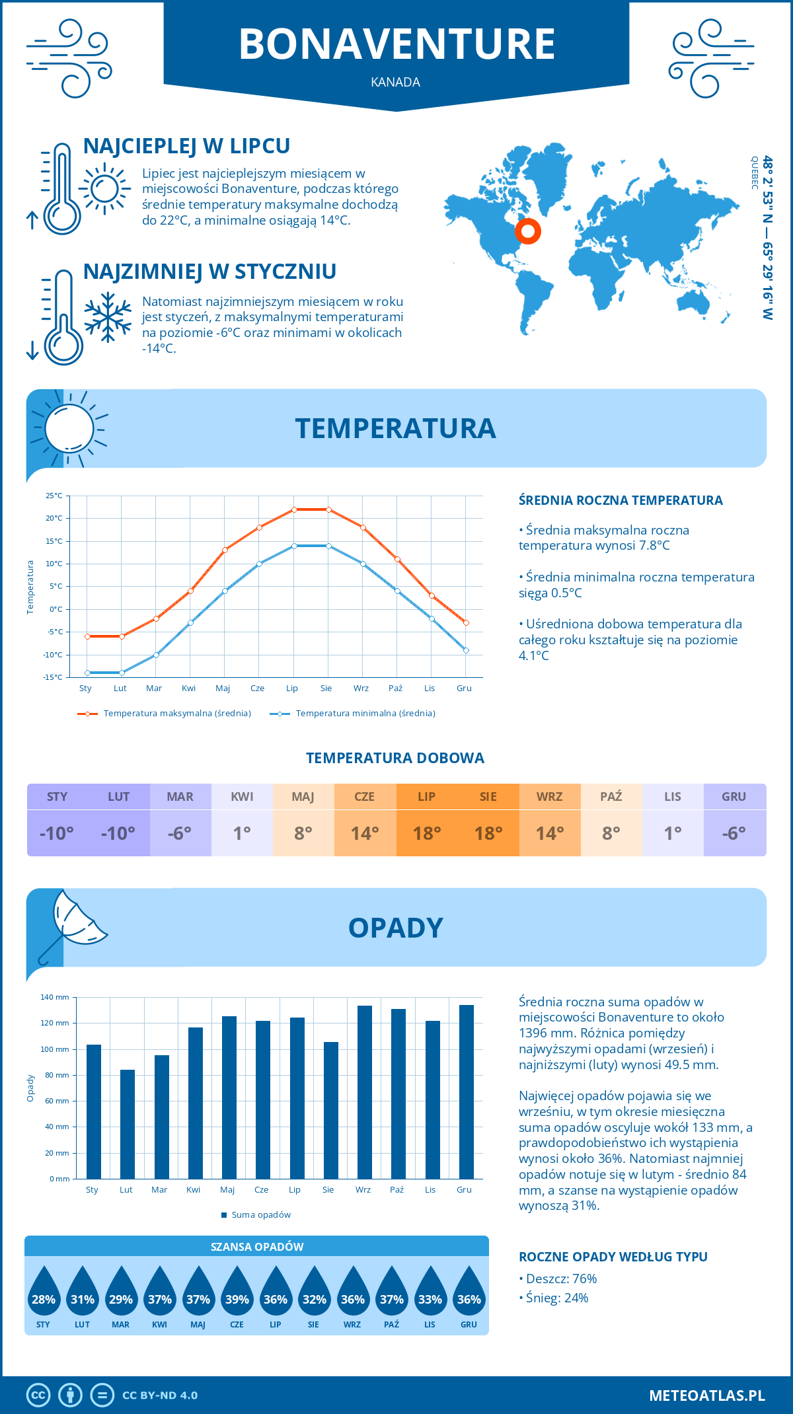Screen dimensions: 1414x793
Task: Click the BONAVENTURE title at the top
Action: [397, 44]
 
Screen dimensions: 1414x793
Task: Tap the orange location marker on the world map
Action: [527, 231]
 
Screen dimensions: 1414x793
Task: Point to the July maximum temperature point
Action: [294, 509]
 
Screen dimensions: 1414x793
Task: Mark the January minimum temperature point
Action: [87, 673]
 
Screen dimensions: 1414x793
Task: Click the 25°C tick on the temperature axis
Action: [54, 496]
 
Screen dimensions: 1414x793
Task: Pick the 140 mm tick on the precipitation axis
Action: [55, 997]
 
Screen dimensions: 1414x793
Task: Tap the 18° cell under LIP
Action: [426, 833]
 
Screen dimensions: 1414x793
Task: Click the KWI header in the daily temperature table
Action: [242, 797]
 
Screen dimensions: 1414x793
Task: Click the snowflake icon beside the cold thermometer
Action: [108, 318]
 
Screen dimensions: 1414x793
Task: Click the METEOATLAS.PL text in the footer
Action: [706, 1395]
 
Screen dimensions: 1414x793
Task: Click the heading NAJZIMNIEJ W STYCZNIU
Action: [209, 272]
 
